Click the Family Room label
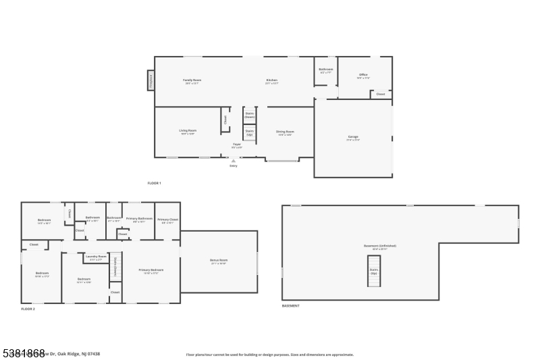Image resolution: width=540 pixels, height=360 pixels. point(192,81)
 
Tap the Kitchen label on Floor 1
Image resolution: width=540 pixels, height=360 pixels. point(271,81)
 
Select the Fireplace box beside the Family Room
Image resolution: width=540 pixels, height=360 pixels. point(151,80)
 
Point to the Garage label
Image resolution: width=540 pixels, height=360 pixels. point(353,138)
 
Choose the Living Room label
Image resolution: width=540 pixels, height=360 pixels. point(188,132)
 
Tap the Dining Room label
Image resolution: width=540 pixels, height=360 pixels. point(285,132)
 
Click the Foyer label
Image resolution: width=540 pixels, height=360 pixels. point(237,145)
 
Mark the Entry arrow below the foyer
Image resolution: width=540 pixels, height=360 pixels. point(234,161)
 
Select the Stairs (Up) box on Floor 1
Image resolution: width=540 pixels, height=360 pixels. point(249,132)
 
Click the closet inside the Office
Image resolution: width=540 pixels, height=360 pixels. point(380,95)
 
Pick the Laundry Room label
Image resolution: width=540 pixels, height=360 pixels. point(96,257)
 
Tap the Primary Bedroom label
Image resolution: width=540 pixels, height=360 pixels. point(151,271)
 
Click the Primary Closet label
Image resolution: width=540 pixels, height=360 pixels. point(167,220)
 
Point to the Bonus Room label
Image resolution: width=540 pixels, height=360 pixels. point(219,261)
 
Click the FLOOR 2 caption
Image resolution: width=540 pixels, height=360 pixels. point(28,309)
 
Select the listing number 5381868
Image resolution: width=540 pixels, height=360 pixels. point(23,353)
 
